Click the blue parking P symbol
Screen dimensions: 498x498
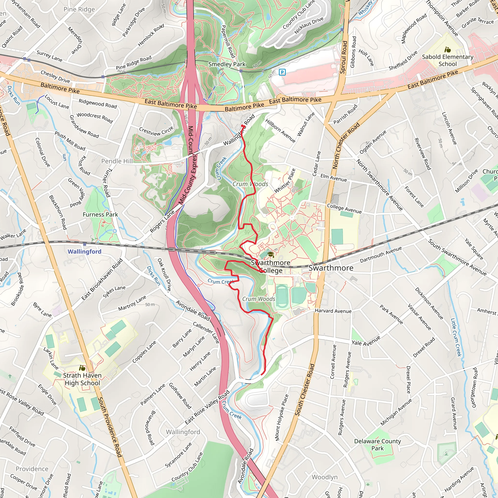pyautogui.click(x=282, y=72)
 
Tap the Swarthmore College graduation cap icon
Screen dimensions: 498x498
pyautogui.click(x=271, y=255)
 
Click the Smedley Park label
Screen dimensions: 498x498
pyautogui.click(x=227, y=64)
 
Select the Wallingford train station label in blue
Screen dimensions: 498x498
pyautogui.click(x=84, y=251)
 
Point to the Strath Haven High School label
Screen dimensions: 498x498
pyautogui.click(x=82, y=379)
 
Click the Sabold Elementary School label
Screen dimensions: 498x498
pyautogui.click(x=447, y=60)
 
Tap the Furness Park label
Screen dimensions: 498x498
pyautogui.click(x=100, y=214)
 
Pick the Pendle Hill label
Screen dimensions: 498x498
pyautogui.click(x=117, y=161)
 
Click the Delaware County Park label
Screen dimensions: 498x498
pyautogui.click(x=377, y=445)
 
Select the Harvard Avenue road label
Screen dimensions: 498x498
pyautogui.click(x=333, y=311)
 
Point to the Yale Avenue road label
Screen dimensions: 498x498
pyautogui.click(x=366, y=341)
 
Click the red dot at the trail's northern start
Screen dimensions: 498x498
pyautogui.click(x=242, y=126)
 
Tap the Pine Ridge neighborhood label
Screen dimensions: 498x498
pyautogui.click(x=79, y=9)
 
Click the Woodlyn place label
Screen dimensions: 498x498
pyautogui.click(x=325, y=477)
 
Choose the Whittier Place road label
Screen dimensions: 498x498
pyautogui.click(x=285, y=180)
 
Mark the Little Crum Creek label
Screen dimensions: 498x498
pyautogui.click(x=456, y=338)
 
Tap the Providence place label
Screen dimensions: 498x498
pyautogui.click(x=32, y=469)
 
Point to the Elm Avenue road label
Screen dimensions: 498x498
pyautogui.click(x=334, y=178)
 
